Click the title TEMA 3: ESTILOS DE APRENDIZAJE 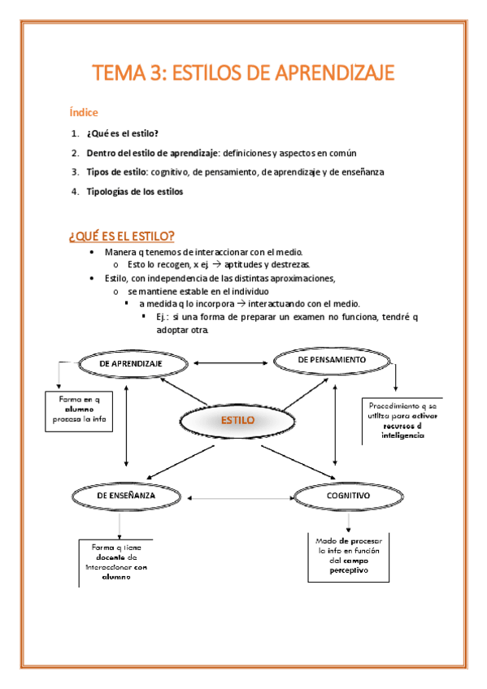point(243,74)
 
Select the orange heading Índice point(83,112)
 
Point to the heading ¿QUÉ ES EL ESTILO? point(122,236)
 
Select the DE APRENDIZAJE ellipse point(131,364)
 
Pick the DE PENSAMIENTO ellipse point(332,359)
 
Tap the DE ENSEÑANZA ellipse point(126,495)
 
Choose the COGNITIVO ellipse point(348,495)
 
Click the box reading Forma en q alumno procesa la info point(78,410)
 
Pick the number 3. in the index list point(74,172)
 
